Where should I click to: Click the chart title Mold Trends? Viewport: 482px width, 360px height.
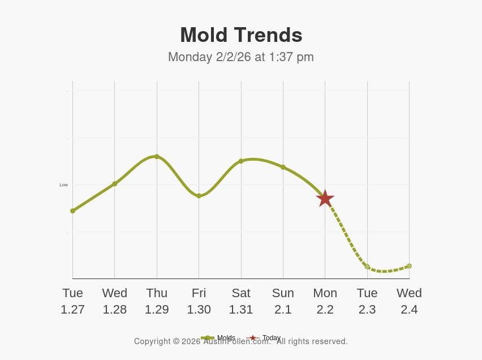click(x=241, y=35)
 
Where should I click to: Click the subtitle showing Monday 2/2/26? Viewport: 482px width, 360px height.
click(x=240, y=57)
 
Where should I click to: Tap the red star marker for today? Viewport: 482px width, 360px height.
click(x=325, y=199)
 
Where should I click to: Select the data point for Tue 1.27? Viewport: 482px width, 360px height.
click(x=72, y=211)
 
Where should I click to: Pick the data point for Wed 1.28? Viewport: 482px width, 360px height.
click(x=115, y=183)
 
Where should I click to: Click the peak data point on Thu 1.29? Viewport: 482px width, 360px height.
click(x=157, y=156)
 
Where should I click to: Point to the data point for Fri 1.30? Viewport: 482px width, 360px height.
click(x=199, y=196)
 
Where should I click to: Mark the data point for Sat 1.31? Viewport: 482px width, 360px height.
click(x=241, y=161)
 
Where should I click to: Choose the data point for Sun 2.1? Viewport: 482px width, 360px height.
click(x=283, y=167)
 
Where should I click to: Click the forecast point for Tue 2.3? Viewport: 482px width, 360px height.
click(x=367, y=267)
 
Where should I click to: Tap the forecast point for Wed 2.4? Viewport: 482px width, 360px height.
click(x=409, y=265)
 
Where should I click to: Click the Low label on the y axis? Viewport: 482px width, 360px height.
click(x=63, y=185)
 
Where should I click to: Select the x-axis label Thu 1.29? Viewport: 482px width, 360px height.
click(x=157, y=301)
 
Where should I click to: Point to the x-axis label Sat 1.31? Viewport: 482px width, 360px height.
click(x=241, y=301)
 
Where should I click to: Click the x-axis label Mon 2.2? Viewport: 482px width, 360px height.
click(x=325, y=301)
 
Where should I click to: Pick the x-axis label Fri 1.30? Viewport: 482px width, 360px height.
click(x=199, y=301)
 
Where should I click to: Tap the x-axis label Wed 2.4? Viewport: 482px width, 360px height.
click(x=409, y=301)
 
